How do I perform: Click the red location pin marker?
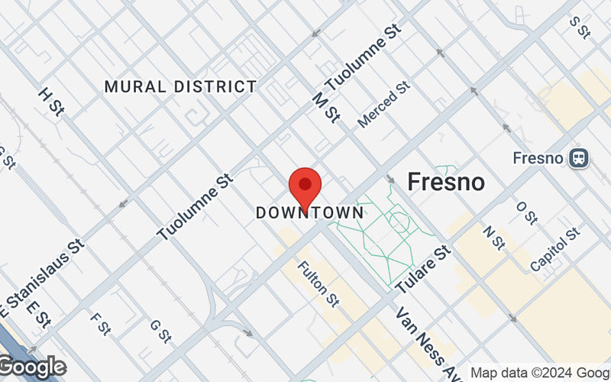(x=305, y=186)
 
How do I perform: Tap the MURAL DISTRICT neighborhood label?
(x=180, y=87)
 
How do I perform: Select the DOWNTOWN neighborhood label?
(x=310, y=213)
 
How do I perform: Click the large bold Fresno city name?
(x=446, y=182)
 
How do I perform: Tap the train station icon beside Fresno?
(x=579, y=158)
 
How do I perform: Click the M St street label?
(x=326, y=106)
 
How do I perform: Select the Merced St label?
(x=384, y=105)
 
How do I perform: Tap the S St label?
(x=580, y=27)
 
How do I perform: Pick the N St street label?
(x=495, y=238)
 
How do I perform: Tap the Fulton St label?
(x=318, y=281)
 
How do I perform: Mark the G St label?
(x=159, y=330)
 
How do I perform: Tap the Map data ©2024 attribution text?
(x=539, y=373)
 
